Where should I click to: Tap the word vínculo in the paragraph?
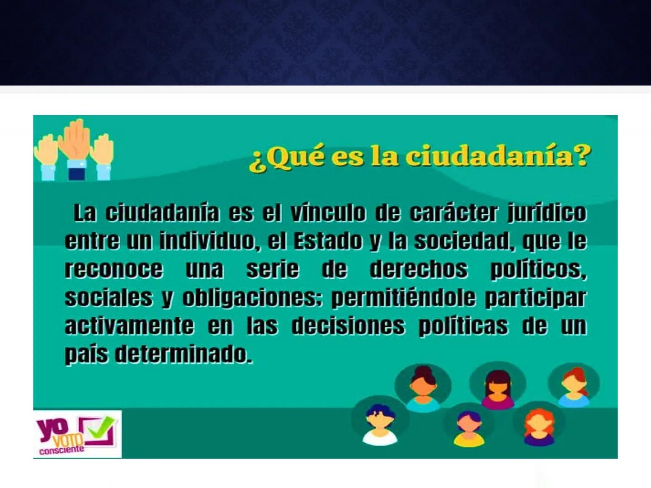click(328, 212)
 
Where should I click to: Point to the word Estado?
click(328, 241)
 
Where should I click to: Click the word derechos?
click(419, 269)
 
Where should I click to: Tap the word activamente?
click(129, 326)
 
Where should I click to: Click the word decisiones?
click(348, 326)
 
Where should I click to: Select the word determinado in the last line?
click(184, 354)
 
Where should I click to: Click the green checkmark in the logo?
click(101, 427)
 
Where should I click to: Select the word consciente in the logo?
click(61, 450)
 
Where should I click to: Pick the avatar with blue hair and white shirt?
click(380, 425)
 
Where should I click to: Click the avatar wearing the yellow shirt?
click(469, 429)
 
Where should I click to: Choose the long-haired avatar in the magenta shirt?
click(498, 389)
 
